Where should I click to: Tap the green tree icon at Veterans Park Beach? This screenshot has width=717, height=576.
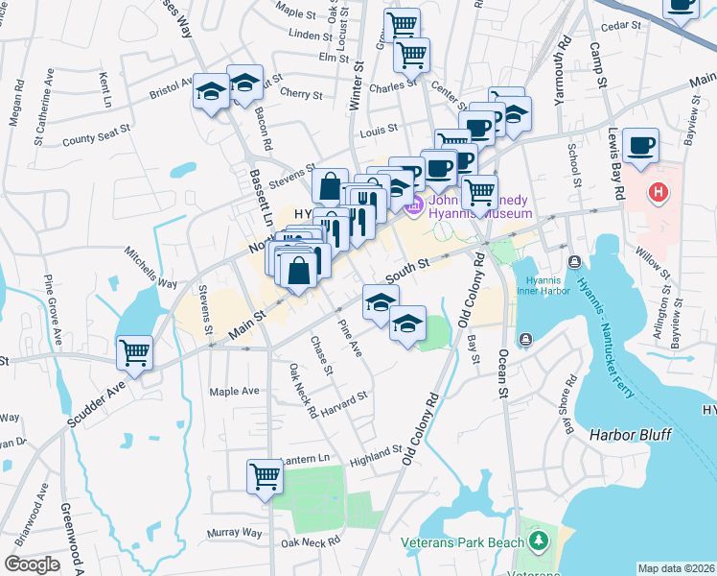tap(539, 541)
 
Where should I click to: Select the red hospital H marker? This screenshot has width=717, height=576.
tap(658, 192)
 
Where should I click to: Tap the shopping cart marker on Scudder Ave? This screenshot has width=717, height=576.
tap(134, 352)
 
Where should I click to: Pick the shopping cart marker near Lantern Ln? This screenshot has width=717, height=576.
tap(264, 476)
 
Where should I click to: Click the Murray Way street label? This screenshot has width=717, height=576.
tap(235, 532)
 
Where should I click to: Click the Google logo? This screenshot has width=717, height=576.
tap(32, 564)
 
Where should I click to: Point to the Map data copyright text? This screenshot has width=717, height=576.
tap(677, 568)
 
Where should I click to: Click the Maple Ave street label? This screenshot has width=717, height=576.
tap(236, 392)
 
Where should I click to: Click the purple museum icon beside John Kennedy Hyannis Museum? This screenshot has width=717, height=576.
tap(415, 204)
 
